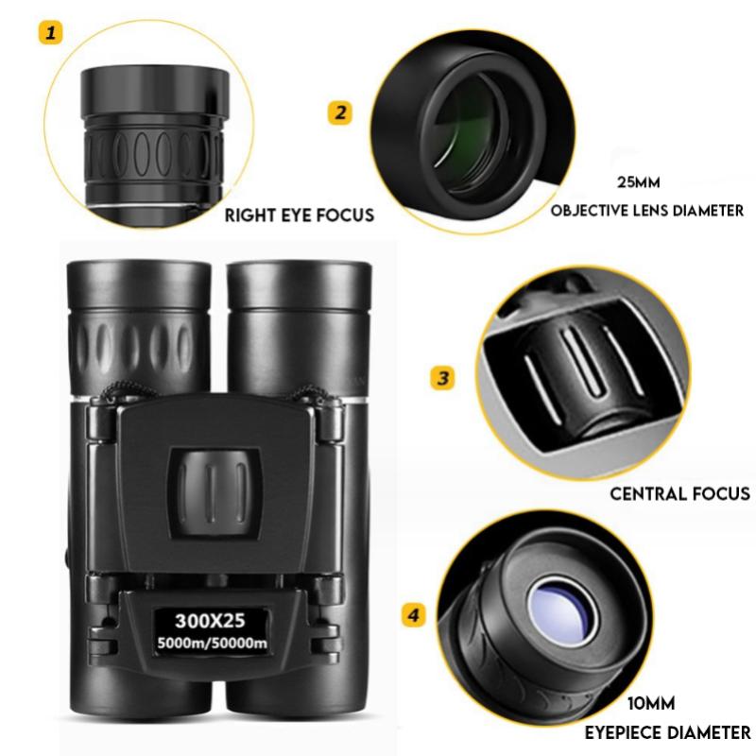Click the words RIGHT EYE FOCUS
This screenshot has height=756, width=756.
[299, 215]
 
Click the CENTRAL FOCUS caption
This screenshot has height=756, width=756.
[679, 492]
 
